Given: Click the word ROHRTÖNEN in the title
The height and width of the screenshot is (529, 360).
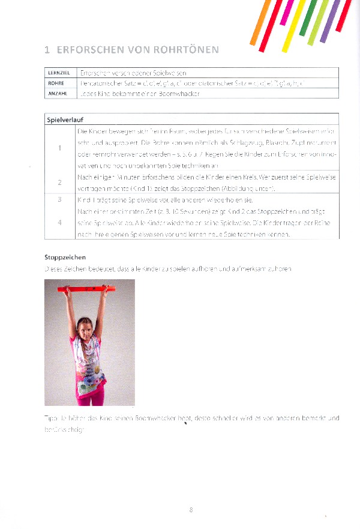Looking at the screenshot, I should point(186,49).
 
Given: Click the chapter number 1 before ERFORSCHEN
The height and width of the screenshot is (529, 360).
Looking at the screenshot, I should point(47,49).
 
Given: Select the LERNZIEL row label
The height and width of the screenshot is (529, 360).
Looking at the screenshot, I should point(59,73).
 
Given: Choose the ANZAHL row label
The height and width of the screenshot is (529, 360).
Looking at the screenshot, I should point(58,94).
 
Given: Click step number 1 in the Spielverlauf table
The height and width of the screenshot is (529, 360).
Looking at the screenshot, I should point(60,148).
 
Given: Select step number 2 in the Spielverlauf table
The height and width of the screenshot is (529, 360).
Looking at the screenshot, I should point(60,182).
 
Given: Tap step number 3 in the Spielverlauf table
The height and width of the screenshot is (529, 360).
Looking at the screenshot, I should point(60,199).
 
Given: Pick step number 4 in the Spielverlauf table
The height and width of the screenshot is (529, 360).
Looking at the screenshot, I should point(60,222).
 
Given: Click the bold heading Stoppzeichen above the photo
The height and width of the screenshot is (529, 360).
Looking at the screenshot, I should point(65,257).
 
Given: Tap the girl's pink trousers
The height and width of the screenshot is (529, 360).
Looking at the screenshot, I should point(90,393).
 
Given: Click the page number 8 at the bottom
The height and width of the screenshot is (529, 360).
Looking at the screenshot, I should point(191,510).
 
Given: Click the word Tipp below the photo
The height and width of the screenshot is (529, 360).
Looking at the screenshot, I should point(50,418).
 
